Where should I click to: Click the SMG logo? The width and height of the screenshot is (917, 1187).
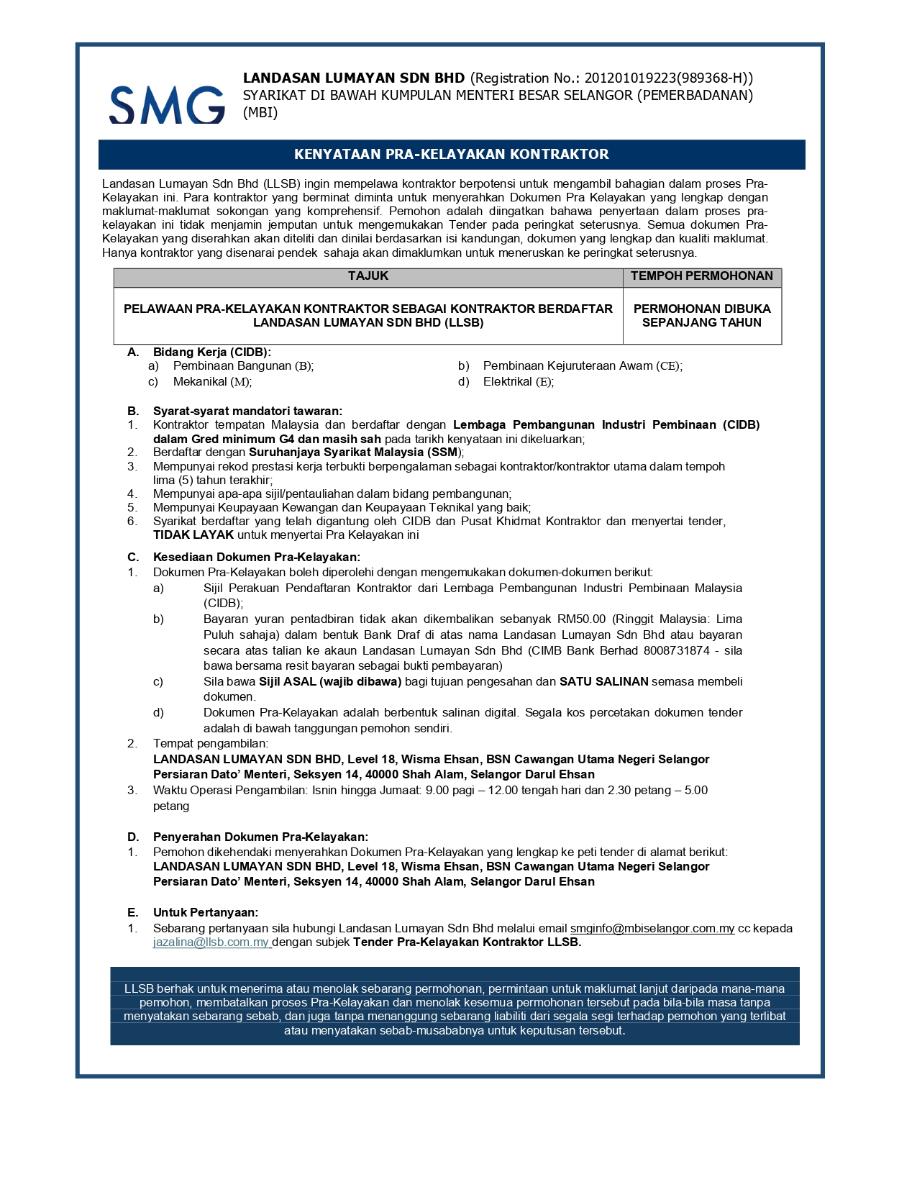[x=167, y=104]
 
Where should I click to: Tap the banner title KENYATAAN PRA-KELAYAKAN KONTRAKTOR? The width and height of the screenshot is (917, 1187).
[x=451, y=154]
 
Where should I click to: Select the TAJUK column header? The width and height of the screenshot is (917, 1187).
[x=368, y=276]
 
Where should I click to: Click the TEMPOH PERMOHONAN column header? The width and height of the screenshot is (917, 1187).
[x=701, y=276]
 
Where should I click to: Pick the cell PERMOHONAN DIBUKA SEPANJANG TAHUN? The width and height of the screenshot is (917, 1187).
[x=701, y=316]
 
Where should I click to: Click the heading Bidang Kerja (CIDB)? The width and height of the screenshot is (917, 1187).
[x=211, y=352]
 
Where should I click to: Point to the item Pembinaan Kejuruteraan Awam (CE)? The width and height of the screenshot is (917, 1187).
[x=582, y=365]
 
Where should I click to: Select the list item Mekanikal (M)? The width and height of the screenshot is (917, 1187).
[x=211, y=381]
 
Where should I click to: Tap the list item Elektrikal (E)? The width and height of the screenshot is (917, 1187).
[x=518, y=381]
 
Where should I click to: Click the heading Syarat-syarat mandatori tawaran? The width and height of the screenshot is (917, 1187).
[x=247, y=411]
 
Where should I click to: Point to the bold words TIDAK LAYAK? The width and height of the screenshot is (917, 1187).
[x=193, y=535]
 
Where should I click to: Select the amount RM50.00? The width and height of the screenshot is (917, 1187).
[x=581, y=619]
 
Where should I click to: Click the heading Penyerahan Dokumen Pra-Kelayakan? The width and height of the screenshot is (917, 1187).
[x=260, y=837]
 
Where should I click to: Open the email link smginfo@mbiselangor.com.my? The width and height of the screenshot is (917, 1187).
[x=652, y=928]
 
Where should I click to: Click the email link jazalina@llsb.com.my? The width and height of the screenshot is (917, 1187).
[x=211, y=942]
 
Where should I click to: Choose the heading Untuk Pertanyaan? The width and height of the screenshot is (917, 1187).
[x=205, y=912]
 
